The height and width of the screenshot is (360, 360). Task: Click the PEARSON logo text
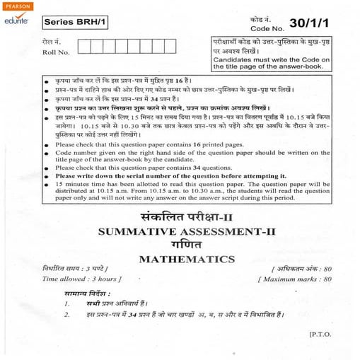16,6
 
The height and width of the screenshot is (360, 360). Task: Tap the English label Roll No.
56,52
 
